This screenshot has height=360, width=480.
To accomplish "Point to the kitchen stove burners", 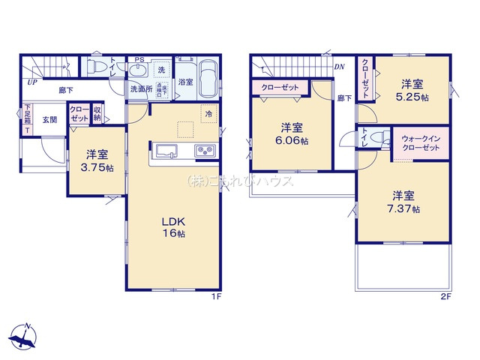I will (205, 152).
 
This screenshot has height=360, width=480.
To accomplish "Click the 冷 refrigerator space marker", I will (206, 114).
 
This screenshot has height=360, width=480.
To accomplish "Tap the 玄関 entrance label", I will (49, 119).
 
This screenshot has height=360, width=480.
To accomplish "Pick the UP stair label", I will (32, 83).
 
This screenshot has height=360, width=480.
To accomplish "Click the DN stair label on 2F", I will (339, 67).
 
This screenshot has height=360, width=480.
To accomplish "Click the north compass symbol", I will (25, 335).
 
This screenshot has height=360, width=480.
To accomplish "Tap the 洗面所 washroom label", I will (141, 89).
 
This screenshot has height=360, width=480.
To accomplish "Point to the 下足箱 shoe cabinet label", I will (28, 118).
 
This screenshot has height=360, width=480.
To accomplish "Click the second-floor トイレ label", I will (364, 139).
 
